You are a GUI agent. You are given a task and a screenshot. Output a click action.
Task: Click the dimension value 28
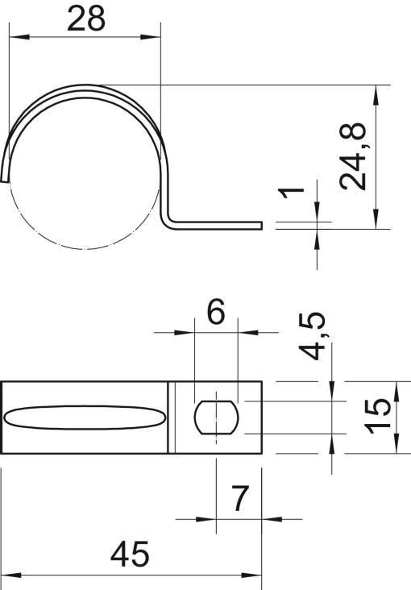pos(86,19)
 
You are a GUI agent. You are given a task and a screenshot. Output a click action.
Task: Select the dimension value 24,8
pos(353,156)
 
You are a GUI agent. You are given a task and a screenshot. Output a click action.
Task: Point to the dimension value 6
pos(215,313)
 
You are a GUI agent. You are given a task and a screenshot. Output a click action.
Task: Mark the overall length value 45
pos(131,555)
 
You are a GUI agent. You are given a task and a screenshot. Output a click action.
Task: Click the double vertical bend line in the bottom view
pos(172,418)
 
